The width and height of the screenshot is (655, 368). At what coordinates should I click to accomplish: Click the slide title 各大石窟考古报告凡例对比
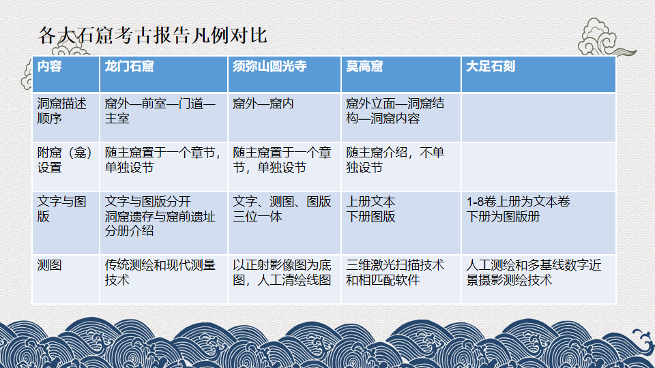[152, 35]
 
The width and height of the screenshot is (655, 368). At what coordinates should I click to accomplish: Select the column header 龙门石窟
[129, 66]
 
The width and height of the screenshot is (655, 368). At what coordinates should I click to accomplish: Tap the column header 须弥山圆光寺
[270, 66]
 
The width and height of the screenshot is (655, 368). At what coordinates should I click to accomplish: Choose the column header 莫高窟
[364, 66]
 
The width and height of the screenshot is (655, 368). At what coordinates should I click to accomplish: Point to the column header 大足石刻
[491, 66]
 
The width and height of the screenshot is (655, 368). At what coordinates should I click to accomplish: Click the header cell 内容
[49, 66]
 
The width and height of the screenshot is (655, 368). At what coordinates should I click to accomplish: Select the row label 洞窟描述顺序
[62, 111]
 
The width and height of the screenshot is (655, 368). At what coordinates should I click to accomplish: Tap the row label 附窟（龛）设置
[65, 160]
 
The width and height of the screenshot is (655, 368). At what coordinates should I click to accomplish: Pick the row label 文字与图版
[62, 209]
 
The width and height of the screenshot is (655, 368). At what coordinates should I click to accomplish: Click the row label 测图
[49, 265]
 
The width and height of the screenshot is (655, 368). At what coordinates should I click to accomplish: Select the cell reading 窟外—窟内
[263, 104]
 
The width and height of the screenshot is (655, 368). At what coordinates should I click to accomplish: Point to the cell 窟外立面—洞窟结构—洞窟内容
[395, 111]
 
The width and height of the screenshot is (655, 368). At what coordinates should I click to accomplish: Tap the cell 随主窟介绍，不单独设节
[395, 160]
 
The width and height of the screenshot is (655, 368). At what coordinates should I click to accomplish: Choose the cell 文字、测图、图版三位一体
[282, 209]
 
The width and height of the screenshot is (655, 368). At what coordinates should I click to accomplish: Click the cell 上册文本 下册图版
[370, 209]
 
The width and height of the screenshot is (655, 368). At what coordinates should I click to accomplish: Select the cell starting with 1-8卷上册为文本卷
[518, 209]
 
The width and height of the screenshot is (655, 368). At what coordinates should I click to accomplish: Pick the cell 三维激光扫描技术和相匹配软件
[395, 273]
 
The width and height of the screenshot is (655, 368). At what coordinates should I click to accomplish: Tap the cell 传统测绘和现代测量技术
[160, 273]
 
